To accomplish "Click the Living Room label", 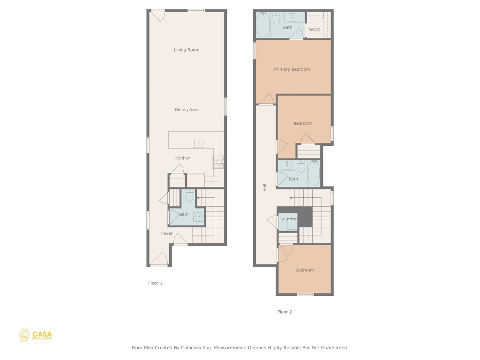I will click(x=187, y=50).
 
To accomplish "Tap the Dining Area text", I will click(x=187, y=110).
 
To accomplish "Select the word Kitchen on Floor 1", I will click(x=183, y=158).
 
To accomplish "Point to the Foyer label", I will click(x=167, y=233).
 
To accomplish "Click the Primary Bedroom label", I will click(x=292, y=69).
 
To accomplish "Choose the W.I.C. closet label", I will click(x=315, y=30).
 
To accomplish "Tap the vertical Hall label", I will click(x=265, y=187).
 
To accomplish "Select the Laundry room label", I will click(x=287, y=219).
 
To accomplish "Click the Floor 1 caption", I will click(x=155, y=283).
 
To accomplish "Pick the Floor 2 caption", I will click(x=285, y=312).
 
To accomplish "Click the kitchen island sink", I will click(x=199, y=143).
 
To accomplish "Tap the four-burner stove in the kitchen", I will click(x=218, y=161).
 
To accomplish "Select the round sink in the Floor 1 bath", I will click(x=199, y=216).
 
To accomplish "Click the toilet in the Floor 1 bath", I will click(x=190, y=195).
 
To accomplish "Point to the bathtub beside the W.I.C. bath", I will click(x=263, y=24).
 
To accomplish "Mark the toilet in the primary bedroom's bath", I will click(x=276, y=18).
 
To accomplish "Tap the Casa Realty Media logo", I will click(x=36, y=335).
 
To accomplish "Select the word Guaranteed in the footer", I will click(x=332, y=348).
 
